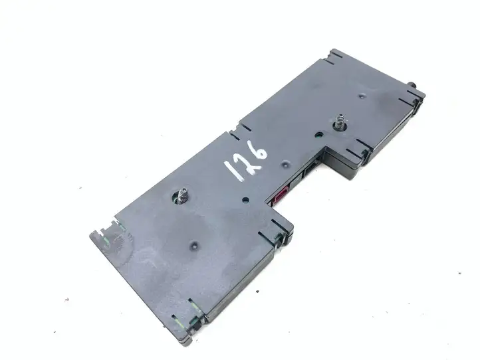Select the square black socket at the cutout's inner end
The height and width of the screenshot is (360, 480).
pos(311,169)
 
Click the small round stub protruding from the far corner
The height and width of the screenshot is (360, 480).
pos(412,85)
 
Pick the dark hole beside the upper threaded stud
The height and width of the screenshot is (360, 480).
pos(318,135)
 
